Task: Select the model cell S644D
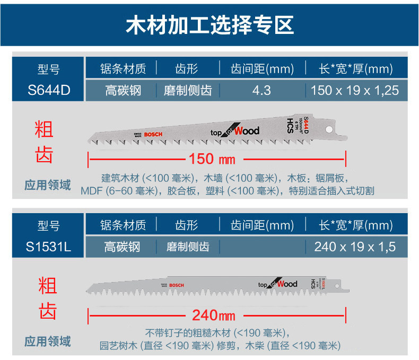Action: click(x=49, y=90)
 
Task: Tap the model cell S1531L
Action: click(x=49, y=247)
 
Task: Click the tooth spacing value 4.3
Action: click(x=261, y=90)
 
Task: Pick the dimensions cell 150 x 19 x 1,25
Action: click(x=355, y=90)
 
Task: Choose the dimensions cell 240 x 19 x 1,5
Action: click(x=355, y=247)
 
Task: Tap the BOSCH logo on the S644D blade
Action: click(x=153, y=135)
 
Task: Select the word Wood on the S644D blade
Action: click(x=247, y=130)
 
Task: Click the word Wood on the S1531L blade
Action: click(x=287, y=284)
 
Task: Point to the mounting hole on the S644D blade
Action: click(x=328, y=128)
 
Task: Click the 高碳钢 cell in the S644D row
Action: click(x=122, y=90)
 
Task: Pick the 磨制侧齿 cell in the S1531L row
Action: click(x=188, y=247)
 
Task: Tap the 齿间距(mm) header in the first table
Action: click(x=261, y=69)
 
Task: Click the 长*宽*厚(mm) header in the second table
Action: click(x=355, y=225)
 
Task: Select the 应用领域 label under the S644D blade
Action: click(x=48, y=185)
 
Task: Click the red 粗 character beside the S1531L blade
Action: click(x=48, y=286)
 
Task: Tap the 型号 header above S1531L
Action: click(x=49, y=225)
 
